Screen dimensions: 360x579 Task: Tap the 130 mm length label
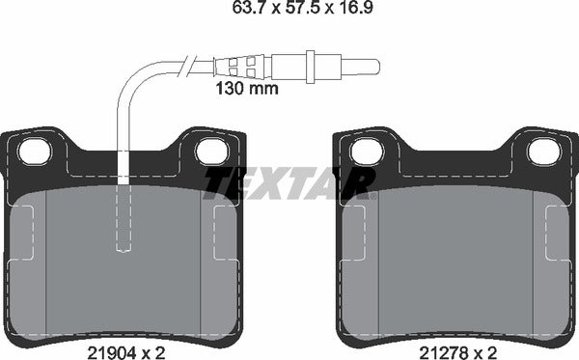pos(245,89)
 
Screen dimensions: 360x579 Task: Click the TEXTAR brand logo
pos(289,180)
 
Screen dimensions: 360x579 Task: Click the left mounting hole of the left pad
pos(35,151)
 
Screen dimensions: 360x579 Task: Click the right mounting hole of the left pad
pos(210,151)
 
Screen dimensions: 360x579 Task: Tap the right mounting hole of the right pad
pos(542,151)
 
